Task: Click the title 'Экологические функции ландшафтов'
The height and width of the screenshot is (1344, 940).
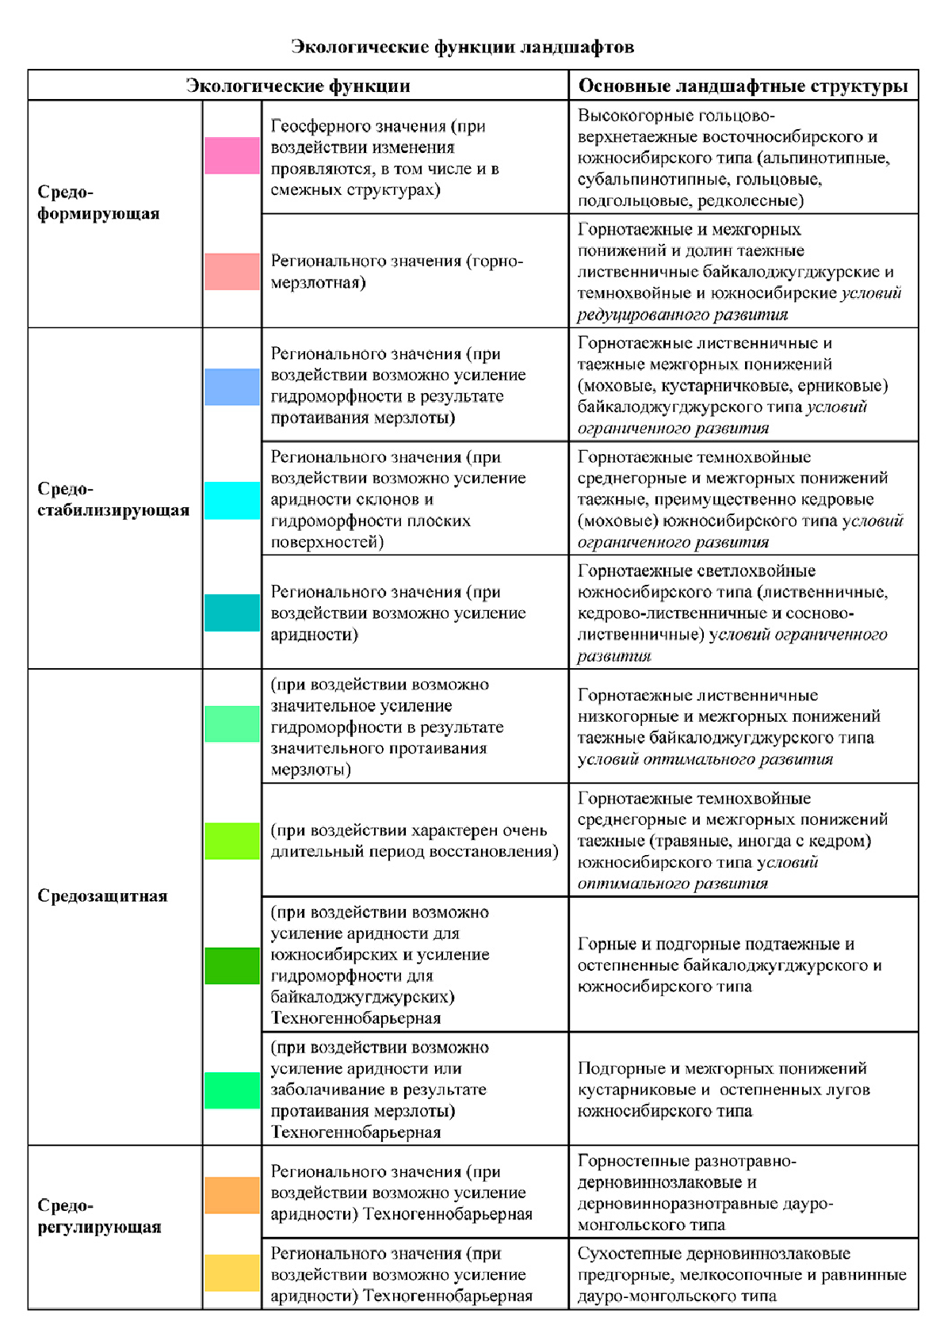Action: [x=462, y=48]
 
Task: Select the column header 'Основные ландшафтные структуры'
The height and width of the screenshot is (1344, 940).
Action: [x=743, y=86]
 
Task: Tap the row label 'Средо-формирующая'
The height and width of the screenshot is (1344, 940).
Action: [x=98, y=203]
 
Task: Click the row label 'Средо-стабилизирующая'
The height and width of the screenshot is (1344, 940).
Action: [x=113, y=499]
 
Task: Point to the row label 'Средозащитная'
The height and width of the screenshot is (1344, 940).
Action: [x=102, y=896]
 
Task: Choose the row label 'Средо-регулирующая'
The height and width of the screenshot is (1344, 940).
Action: [x=99, y=1216]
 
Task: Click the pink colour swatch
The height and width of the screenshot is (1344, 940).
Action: [x=231, y=155]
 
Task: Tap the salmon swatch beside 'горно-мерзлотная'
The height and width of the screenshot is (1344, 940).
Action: [x=231, y=272]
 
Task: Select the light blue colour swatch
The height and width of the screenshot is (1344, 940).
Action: [x=231, y=387]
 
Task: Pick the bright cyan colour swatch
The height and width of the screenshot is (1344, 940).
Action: [x=231, y=501]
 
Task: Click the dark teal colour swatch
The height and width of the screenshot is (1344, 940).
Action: [x=231, y=613]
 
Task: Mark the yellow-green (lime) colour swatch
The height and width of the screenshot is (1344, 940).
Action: [x=231, y=841]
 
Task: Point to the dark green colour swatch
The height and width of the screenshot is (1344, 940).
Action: [x=231, y=966]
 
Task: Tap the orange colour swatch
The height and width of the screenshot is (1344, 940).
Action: [x=231, y=1195]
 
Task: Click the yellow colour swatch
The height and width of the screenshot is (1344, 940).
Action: [x=231, y=1273]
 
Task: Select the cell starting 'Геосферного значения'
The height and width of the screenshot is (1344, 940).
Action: [x=415, y=158]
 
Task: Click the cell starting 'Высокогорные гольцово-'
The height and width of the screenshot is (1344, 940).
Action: [x=743, y=158]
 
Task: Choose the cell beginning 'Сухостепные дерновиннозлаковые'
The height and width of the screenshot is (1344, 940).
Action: [x=743, y=1274]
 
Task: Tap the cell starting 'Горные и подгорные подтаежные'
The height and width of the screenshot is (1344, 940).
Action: [x=743, y=965]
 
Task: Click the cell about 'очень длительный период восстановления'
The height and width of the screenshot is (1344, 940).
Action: [x=415, y=841]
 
